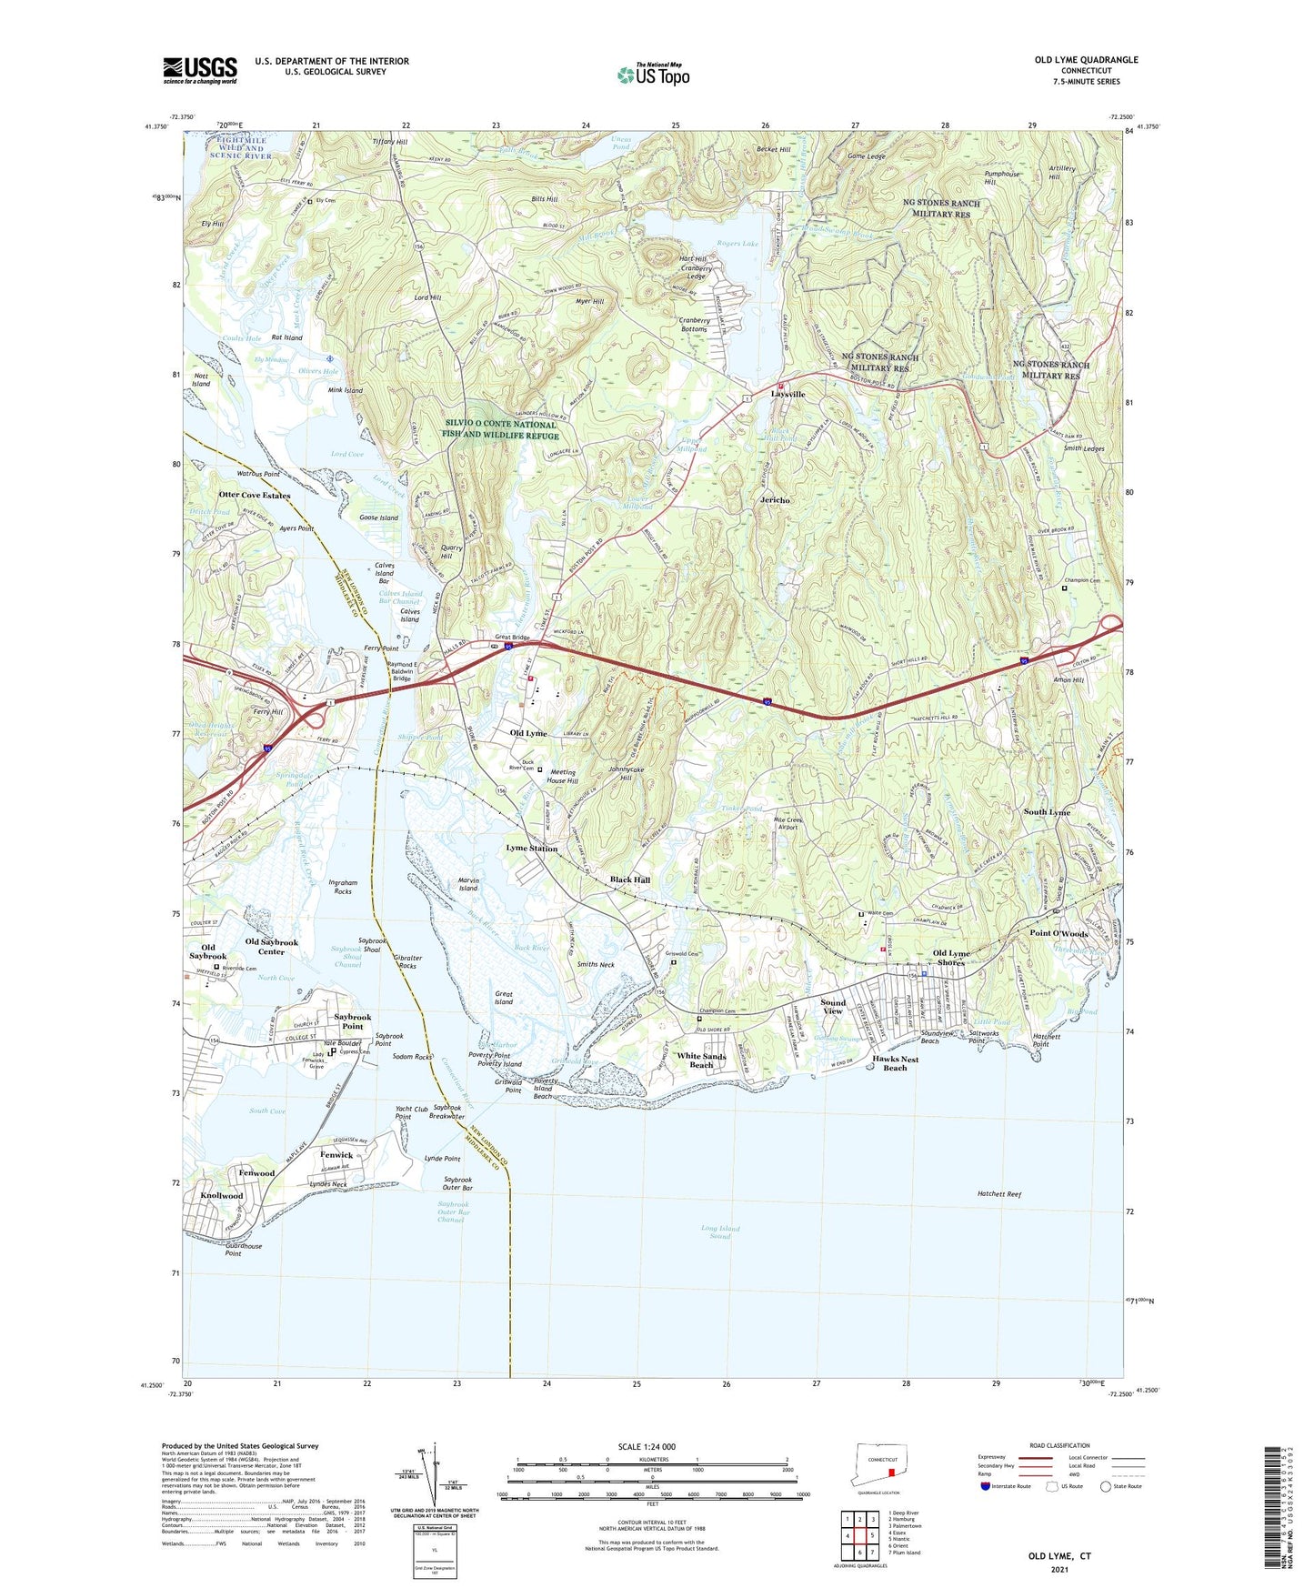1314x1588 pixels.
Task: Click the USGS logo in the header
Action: (199, 70)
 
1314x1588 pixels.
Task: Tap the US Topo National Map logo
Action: (652, 75)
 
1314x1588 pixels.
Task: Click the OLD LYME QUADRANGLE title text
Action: (1086, 60)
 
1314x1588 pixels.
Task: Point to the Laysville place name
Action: (788, 395)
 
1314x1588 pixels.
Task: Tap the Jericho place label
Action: (775, 500)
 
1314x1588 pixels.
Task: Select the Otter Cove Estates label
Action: (254, 496)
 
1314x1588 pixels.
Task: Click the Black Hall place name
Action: (630, 880)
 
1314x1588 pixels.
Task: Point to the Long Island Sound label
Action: (720, 1232)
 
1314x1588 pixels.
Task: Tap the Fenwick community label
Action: (336, 1155)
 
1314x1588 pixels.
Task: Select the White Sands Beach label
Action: (701, 1060)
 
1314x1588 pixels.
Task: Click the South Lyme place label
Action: (1047, 812)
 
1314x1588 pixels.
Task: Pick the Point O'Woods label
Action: (1058, 934)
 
